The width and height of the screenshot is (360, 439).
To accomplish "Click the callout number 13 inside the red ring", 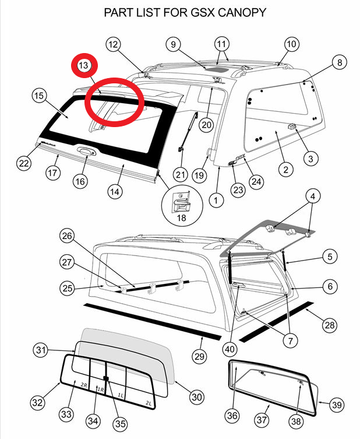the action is (x=83, y=65).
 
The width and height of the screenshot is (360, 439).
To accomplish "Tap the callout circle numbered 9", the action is (x=173, y=44).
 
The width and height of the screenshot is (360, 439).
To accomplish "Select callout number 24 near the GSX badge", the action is (x=256, y=182).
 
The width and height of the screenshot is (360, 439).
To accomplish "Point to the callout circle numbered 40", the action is (x=230, y=349).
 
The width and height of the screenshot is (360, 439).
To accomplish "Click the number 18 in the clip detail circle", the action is (x=181, y=217).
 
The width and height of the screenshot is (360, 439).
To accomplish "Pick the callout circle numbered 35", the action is (x=120, y=424).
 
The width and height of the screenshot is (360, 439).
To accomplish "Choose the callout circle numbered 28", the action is (x=330, y=325).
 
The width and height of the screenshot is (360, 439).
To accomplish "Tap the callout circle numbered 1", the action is (x=216, y=200).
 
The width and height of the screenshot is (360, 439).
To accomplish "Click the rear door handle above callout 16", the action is (x=86, y=151).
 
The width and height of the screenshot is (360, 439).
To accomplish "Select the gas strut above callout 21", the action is (x=188, y=132).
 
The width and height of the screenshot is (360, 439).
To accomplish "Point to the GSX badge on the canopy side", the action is (x=241, y=157).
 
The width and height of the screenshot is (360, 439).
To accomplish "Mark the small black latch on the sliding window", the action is (x=106, y=378).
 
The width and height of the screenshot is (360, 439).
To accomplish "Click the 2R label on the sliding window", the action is (x=84, y=385).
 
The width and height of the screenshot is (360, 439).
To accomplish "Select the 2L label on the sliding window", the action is (x=149, y=403).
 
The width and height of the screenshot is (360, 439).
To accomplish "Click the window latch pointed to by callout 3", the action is (x=292, y=127).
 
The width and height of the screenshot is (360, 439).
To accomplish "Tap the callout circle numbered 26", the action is (x=67, y=236).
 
